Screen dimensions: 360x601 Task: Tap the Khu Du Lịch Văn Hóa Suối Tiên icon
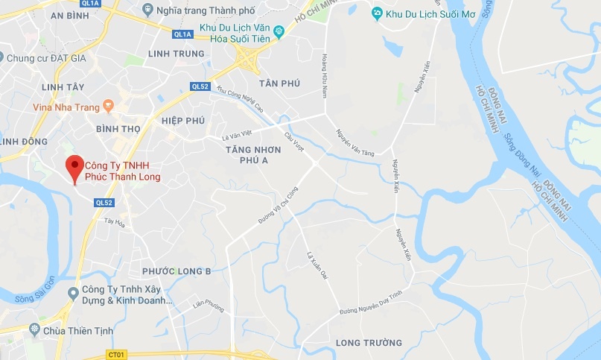(279, 31)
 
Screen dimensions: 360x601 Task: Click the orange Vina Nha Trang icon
(108, 107)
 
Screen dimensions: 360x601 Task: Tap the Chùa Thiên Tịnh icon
(33, 329)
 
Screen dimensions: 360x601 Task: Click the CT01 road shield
(115, 354)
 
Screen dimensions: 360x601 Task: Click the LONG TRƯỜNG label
(369, 343)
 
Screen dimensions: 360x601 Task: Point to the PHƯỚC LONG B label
(177, 270)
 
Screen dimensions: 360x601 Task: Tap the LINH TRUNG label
(177, 54)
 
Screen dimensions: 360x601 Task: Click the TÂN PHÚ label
(279, 83)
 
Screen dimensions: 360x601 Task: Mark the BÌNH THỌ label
(118, 128)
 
